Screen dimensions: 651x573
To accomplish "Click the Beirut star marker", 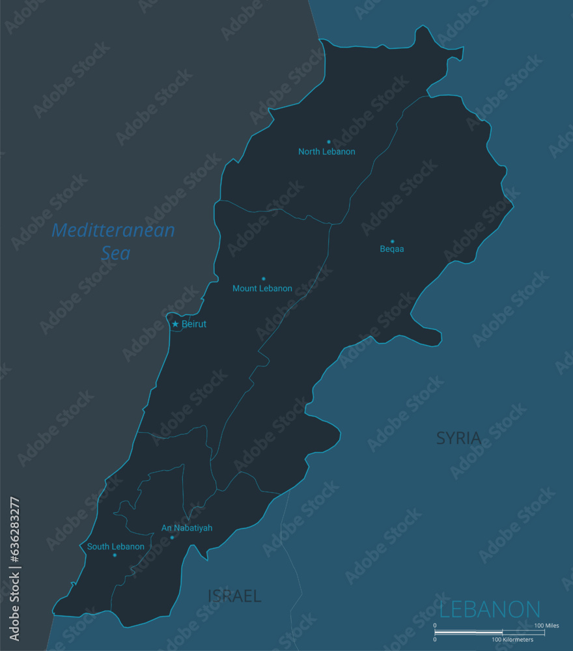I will [x=175, y=324].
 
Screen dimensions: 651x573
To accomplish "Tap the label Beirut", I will [x=194, y=324].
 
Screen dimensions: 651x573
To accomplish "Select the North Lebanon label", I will [x=327, y=152].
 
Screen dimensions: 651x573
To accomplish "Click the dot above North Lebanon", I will [x=328, y=141].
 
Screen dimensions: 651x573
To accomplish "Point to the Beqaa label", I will [x=392, y=249].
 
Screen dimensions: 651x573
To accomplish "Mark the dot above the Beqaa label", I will [x=392, y=241].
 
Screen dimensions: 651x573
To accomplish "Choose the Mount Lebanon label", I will [x=262, y=288].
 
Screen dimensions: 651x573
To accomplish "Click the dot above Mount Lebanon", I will [x=263, y=279].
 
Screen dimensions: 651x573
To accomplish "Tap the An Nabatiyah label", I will [x=187, y=528].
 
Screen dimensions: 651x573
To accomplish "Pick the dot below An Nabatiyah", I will [x=172, y=537].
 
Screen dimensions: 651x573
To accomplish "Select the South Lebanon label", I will [x=116, y=547].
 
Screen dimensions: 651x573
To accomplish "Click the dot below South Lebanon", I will [x=115, y=555].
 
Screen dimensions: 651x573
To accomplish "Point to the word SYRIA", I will [x=459, y=438].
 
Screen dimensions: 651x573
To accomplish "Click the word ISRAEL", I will [x=234, y=596].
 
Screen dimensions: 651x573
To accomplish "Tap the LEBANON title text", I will [x=490, y=610].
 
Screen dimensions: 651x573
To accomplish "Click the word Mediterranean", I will [x=113, y=230].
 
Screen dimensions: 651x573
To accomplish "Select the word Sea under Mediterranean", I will [x=116, y=253].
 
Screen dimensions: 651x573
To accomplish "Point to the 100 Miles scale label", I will [x=546, y=626].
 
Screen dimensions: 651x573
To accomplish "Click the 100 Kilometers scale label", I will [x=512, y=639].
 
